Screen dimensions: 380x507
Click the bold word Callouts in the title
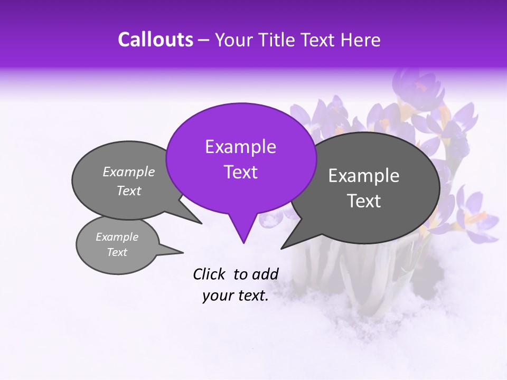(155, 40)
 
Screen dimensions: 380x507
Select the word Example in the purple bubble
(240, 147)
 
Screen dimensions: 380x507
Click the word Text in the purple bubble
(240, 172)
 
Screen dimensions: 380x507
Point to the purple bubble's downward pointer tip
(243, 243)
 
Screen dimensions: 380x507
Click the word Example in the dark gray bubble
(364, 176)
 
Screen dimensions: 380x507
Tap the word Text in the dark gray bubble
(364, 201)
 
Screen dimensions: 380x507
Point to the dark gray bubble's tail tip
(281, 248)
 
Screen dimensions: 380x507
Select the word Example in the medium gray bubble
(129, 172)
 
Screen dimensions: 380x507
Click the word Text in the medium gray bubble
(129, 191)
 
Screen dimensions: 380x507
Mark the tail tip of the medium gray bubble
(201, 223)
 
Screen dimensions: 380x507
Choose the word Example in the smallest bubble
(117, 237)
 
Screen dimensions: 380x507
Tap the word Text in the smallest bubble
(117, 252)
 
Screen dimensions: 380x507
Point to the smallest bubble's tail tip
(183, 252)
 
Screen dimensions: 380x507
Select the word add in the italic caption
(265, 274)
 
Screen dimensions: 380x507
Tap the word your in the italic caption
(217, 296)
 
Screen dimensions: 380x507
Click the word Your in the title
(233, 40)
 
